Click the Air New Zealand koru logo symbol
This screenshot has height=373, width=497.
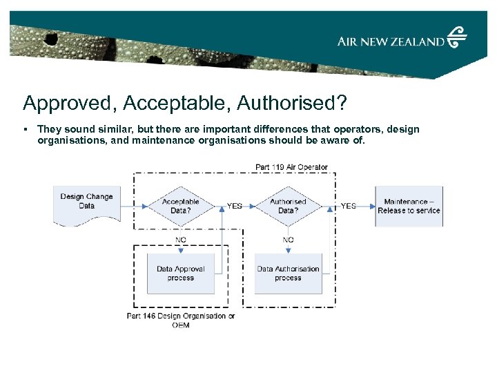click(x=457, y=37)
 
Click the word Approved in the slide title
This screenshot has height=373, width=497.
click(x=63, y=103)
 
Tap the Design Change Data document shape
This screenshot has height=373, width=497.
click(x=86, y=204)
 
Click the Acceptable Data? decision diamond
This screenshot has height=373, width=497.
click(x=180, y=206)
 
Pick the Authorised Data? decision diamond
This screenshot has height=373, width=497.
click(x=288, y=206)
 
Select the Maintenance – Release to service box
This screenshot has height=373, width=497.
click(x=409, y=206)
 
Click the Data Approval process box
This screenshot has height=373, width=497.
click(x=180, y=274)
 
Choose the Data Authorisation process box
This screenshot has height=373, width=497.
click(x=288, y=274)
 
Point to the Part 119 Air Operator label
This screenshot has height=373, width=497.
click(x=291, y=167)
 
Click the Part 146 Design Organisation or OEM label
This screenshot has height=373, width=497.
click(x=181, y=321)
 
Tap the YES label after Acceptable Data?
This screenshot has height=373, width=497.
click(x=235, y=206)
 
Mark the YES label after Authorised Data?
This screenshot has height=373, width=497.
click(x=349, y=206)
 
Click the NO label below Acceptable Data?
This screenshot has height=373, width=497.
click(x=180, y=240)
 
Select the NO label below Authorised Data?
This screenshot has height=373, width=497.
click(x=288, y=240)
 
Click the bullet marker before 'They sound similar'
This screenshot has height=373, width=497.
click(x=25, y=129)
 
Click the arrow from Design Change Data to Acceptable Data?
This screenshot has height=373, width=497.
click(x=135, y=206)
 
